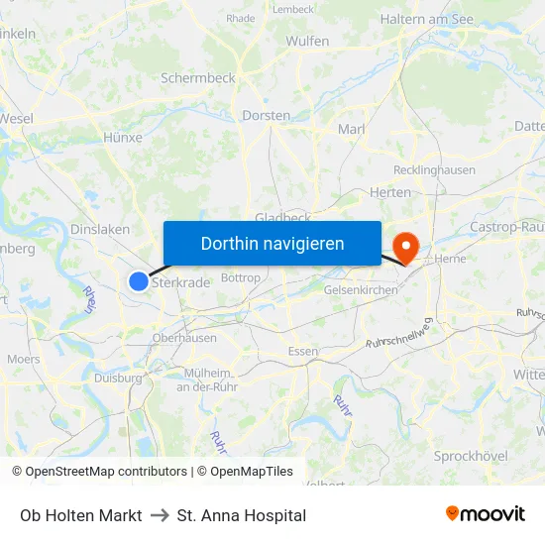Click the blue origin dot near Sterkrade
pos(139,281)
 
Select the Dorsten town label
pos(266,116)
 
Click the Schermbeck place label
pos(197,77)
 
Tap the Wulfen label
pos(307,41)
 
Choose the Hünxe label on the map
pos(123,138)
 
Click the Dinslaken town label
pos(100,229)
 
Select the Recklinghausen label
pos(434,170)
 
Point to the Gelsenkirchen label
pos(361,290)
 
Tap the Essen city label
pos(302,352)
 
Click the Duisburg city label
pos(118,378)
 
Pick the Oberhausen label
pos(184,338)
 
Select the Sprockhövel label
pos(471,456)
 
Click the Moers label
pos(24,359)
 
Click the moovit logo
pos(485,514)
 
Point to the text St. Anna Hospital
pos(241,515)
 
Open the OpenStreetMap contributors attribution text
pos(106,472)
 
